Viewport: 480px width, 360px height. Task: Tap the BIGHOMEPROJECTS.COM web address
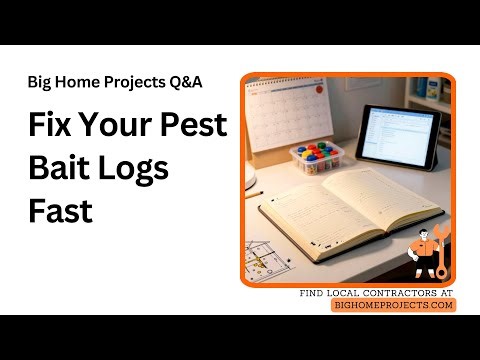point(393,305)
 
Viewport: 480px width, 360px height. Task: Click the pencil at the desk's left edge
point(253,193)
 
